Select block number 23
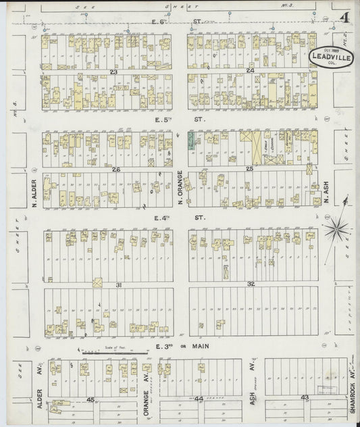(x=114, y=70)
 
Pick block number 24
(x=250, y=70)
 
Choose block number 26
(x=116, y=169)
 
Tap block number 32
(x=251, y=284)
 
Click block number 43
(x=305, y=397)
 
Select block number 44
(x=199, y=399)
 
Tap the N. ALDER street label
(x=32, y=194)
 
